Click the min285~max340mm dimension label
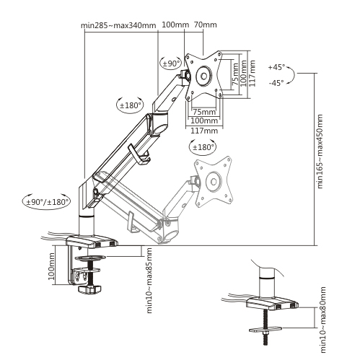119,26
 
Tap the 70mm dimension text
206,26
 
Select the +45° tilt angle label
277,67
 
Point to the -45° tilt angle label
277,82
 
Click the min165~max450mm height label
320,152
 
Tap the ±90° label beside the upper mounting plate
171,63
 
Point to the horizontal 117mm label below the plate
205,131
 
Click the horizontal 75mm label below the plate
205,112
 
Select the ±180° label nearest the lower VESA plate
203,147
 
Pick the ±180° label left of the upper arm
131,105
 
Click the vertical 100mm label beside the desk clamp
52,267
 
